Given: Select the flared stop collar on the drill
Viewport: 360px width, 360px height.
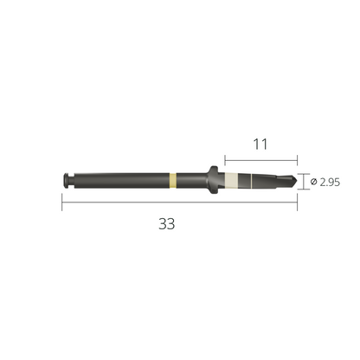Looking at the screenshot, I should click(212, 180).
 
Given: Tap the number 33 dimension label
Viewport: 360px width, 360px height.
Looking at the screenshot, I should click(166, 222).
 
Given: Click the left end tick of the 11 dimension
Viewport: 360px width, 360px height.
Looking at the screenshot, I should click(224, 160).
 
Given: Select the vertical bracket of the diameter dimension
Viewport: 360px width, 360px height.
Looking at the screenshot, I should click(303, 182).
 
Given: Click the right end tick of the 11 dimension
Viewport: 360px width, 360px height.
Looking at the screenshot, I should click(295, 160).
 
